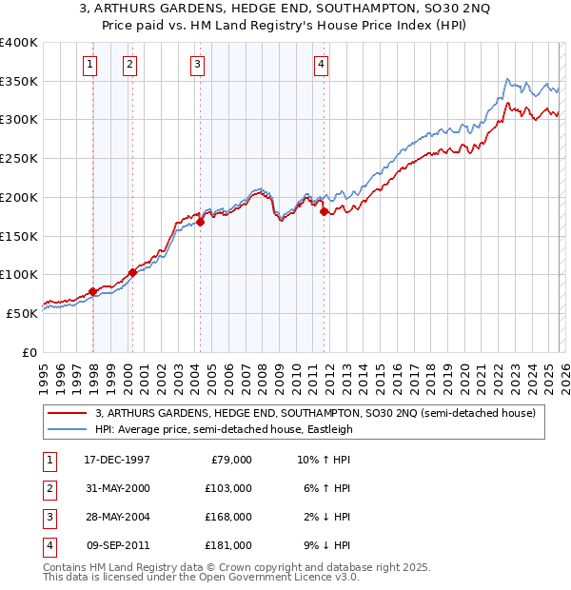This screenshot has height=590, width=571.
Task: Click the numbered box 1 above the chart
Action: [89, 65]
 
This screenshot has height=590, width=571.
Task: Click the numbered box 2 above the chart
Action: [128, 65]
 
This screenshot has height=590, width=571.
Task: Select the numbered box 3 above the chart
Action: [197, 65]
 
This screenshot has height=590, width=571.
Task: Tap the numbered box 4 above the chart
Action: [321, 65]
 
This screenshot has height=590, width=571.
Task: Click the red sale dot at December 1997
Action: [92, 291]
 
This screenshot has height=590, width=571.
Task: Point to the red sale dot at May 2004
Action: [201, 223]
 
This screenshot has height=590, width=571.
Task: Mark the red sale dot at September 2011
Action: [324, 212]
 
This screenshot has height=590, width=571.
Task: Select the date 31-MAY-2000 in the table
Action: [116, 488]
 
